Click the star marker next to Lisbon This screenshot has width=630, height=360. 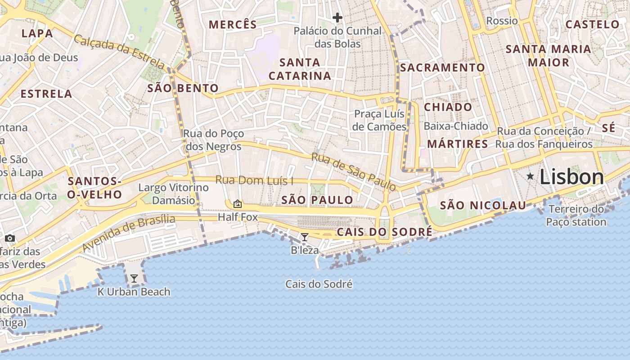click(x=531, y=176)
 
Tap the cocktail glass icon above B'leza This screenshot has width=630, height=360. click(x=305, y=237)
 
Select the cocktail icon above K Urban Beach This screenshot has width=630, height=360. click(x=134, y=279)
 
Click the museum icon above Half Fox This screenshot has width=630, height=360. click(x=238, y=204)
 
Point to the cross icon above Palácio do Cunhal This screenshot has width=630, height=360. click(x=337, y=18)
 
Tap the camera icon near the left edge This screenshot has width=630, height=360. click(x=10, y=238)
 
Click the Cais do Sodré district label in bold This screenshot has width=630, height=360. click(x=384, y=232)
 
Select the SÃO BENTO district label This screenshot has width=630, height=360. click(x=183, y=88)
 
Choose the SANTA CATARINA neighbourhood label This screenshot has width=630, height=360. click(x=300, y=69)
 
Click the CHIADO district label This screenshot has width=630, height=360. click(x=448, y=107)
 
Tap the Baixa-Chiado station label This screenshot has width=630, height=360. click(x=456, y=126)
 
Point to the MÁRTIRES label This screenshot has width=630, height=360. click(x=457, y=144)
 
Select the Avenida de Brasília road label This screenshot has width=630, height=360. click(x=128, y=233)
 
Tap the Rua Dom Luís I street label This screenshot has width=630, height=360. click(x=254, y=180)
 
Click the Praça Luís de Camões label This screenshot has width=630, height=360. click(x=379, y=120)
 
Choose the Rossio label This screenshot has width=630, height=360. click(x=502, y=21)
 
